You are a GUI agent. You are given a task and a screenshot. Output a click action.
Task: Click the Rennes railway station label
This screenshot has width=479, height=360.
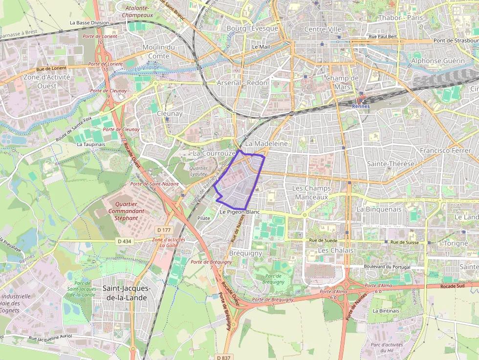tap(361, 106)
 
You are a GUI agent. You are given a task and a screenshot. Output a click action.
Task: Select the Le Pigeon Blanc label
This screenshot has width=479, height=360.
tap(239, 212)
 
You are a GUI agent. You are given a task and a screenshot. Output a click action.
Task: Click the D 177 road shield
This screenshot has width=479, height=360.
tap(164, 230)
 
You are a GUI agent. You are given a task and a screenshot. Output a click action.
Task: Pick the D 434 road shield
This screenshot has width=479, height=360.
tap(125, 241)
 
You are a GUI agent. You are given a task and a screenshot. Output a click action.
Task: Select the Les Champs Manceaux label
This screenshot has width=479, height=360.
tap(311, 192)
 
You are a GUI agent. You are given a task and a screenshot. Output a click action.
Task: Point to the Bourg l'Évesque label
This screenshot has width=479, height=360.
tap(252, 28)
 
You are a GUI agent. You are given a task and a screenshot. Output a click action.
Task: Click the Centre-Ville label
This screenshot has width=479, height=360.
tap(323, 29)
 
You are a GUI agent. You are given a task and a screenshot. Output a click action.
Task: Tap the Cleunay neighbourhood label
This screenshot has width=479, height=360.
tap(170, 113)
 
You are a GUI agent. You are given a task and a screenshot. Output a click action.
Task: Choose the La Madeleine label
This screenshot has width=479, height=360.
tap(266, 144)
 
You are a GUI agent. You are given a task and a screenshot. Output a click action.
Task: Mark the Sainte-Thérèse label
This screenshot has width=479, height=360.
tap(391, 164)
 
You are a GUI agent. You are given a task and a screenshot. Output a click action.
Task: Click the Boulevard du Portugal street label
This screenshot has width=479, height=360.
tap(386, 267)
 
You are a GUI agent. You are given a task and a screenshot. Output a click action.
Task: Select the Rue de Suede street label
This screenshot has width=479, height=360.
tap(323, 241)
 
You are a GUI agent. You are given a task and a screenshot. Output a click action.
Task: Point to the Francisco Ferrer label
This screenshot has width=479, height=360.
tap(445, 150)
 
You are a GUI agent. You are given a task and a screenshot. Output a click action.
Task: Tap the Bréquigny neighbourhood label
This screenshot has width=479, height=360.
tap(245, 254)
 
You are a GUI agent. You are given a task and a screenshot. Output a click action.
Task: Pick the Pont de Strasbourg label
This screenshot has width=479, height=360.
tap(455, 41)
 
